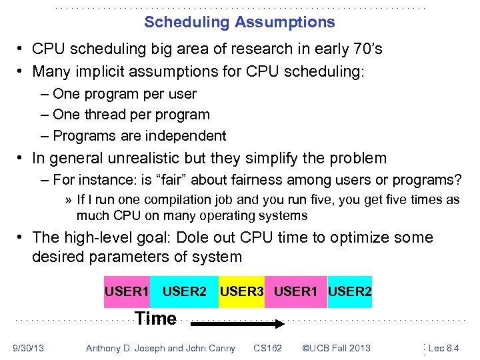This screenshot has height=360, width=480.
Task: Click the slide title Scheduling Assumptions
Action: (239, 22)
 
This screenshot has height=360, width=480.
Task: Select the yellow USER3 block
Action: (241, 292)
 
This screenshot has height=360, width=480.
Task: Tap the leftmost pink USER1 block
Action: (126, 292)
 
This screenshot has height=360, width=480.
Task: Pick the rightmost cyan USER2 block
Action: (350, 292)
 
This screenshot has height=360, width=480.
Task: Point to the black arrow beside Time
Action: (238, 324)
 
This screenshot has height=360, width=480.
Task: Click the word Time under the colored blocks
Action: (155, 319)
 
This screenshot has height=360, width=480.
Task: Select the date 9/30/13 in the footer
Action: (28, 347)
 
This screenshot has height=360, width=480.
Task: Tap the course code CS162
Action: (267, 347)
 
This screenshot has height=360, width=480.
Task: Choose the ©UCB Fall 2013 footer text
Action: (336, 347)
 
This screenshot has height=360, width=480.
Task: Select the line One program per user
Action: (124, 94)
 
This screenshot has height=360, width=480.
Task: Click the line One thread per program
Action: (131, 115)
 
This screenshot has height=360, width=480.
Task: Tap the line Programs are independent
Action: (139, 135)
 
